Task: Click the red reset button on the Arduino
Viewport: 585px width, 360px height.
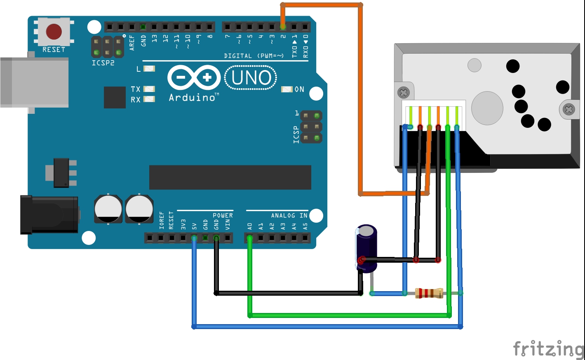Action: [x=54, y=32]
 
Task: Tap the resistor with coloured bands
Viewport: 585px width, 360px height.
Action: [x=429, y=293]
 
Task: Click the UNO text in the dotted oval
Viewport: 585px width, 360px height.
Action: [x=251, y=78]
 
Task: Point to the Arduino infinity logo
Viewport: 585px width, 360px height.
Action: [x=194, y=78]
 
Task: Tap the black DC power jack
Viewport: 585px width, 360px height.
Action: [x=49, y=215]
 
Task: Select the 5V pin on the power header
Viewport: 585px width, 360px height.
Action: [x=194, y=238]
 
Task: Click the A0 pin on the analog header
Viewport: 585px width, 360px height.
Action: [x=249, y=238]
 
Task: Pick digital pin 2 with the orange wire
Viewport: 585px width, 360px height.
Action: [x=283, y=27]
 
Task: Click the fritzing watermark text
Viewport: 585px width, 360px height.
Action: [x=548, y=349]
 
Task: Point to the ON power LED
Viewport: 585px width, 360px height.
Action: [x=287, y=89]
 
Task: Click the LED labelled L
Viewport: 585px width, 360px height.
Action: [x=149, y=69]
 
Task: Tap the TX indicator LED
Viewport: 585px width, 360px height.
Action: [x=149, y=89]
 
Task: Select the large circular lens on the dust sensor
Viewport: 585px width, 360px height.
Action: [x=487, y=108]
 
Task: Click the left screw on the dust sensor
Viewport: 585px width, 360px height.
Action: [x=404, y=93]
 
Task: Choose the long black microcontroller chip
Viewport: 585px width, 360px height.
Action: [x=230, y=177]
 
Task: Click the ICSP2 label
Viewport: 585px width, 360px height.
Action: [x=103, y=63]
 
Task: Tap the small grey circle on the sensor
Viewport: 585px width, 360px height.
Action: [x=475, y=65]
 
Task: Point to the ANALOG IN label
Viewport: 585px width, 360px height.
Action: [x=289, y=215]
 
